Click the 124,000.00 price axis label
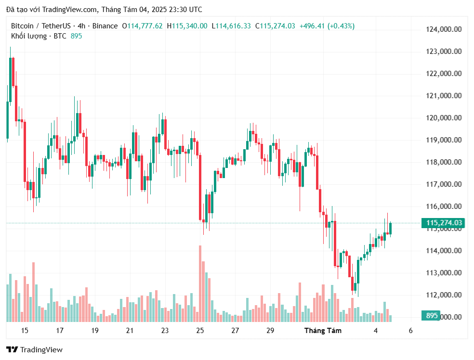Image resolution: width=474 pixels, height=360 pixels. point(444,29)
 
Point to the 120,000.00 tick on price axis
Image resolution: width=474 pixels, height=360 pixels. point(444,118)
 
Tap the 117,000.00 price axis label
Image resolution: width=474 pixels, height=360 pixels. point(444,184)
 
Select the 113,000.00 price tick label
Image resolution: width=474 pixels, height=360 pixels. point(444,273)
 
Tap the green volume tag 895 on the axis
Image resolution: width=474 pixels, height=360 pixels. point(432,316)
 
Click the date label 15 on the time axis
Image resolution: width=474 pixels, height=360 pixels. point(25,331)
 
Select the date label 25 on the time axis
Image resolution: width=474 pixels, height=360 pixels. point(200,331)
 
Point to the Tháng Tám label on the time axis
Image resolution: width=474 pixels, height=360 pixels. point(323,331)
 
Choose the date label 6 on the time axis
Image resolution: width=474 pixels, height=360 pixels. point(410,331)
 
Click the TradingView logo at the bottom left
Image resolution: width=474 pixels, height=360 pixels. point(34,350)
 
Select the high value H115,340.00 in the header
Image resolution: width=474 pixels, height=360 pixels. point(187,26)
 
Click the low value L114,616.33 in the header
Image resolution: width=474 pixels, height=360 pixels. point(231,26)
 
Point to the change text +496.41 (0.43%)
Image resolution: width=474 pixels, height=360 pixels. point(327,26)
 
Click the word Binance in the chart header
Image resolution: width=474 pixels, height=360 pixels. point(105,26)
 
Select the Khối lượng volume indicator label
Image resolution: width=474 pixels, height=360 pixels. point(29,36)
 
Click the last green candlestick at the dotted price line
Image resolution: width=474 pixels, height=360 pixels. point(391,229)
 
